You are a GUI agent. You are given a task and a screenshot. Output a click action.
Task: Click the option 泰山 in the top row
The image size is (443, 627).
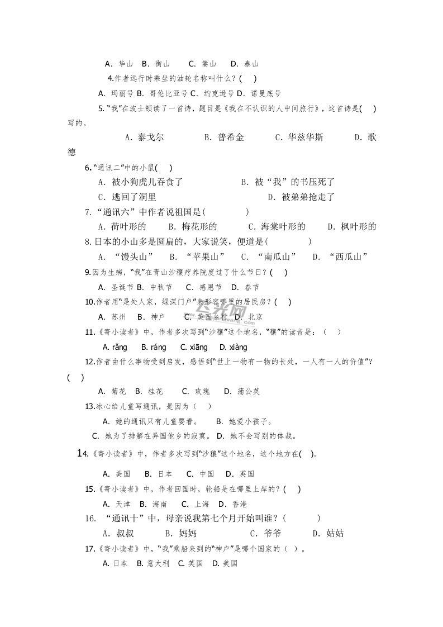coord(251,64)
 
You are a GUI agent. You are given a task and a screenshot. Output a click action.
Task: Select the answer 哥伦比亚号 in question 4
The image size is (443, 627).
coord(166,93)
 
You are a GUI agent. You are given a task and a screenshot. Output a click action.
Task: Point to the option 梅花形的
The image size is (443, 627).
coord(199,226)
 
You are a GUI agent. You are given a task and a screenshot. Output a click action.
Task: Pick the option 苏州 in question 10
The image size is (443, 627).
coord(118,316)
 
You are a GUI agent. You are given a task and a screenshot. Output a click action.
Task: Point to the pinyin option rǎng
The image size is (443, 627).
coord(119,347)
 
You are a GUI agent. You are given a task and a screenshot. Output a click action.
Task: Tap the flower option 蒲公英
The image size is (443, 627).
coord(249,391)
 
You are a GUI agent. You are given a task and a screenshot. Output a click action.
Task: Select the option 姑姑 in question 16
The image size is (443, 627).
coord(335,533)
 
